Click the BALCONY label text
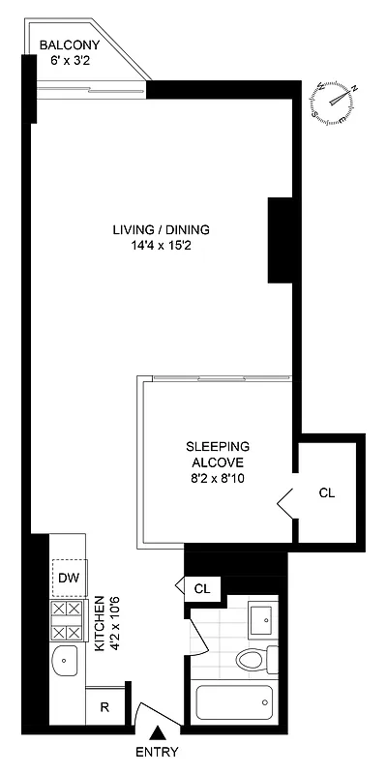click(69, 45)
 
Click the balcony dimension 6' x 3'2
click(69, 60)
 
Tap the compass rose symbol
click(337, 101)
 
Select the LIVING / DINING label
click(161, 229)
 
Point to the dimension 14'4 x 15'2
click(161, 246)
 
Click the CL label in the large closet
click(326, 492)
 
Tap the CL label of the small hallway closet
click(202, 587)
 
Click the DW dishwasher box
click(69, 579)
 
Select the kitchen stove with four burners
click(69, 620)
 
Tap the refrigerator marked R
click(105, 705)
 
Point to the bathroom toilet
click(256, 661)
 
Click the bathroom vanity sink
click(261, 618)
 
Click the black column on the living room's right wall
click(280, 240)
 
